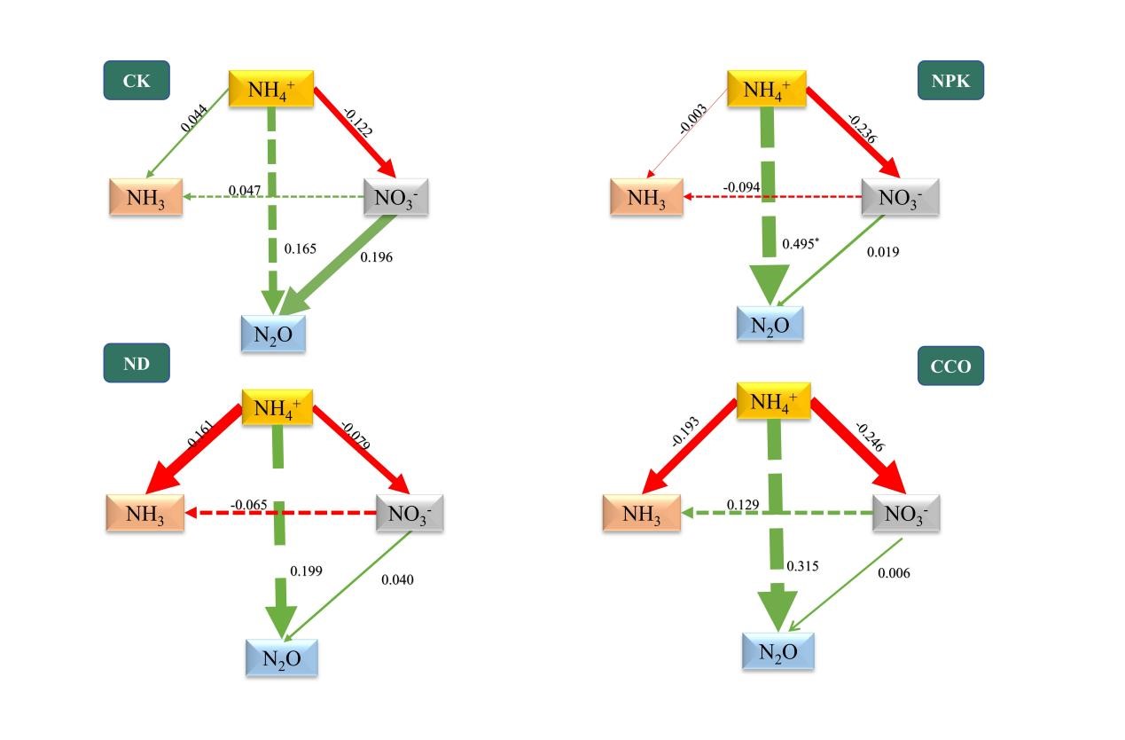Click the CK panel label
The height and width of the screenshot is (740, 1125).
137,82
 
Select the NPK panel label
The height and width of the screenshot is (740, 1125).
950,82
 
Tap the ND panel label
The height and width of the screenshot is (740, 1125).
137,364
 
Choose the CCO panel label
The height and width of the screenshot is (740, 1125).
950,366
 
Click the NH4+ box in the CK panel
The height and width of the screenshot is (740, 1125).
272,88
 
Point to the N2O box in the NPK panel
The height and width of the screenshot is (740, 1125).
770,324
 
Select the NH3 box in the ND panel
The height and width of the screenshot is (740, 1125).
145,513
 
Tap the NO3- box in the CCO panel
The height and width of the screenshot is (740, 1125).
905,513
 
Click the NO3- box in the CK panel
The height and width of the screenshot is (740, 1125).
396,197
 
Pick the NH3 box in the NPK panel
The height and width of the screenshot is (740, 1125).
646,197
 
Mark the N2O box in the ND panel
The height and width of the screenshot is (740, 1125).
281,658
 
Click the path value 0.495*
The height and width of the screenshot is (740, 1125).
800,243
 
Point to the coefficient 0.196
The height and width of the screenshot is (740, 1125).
376,257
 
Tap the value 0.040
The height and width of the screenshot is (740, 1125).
397,579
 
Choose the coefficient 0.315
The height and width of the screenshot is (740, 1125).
802,566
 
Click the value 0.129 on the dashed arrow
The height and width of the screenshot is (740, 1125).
742,505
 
